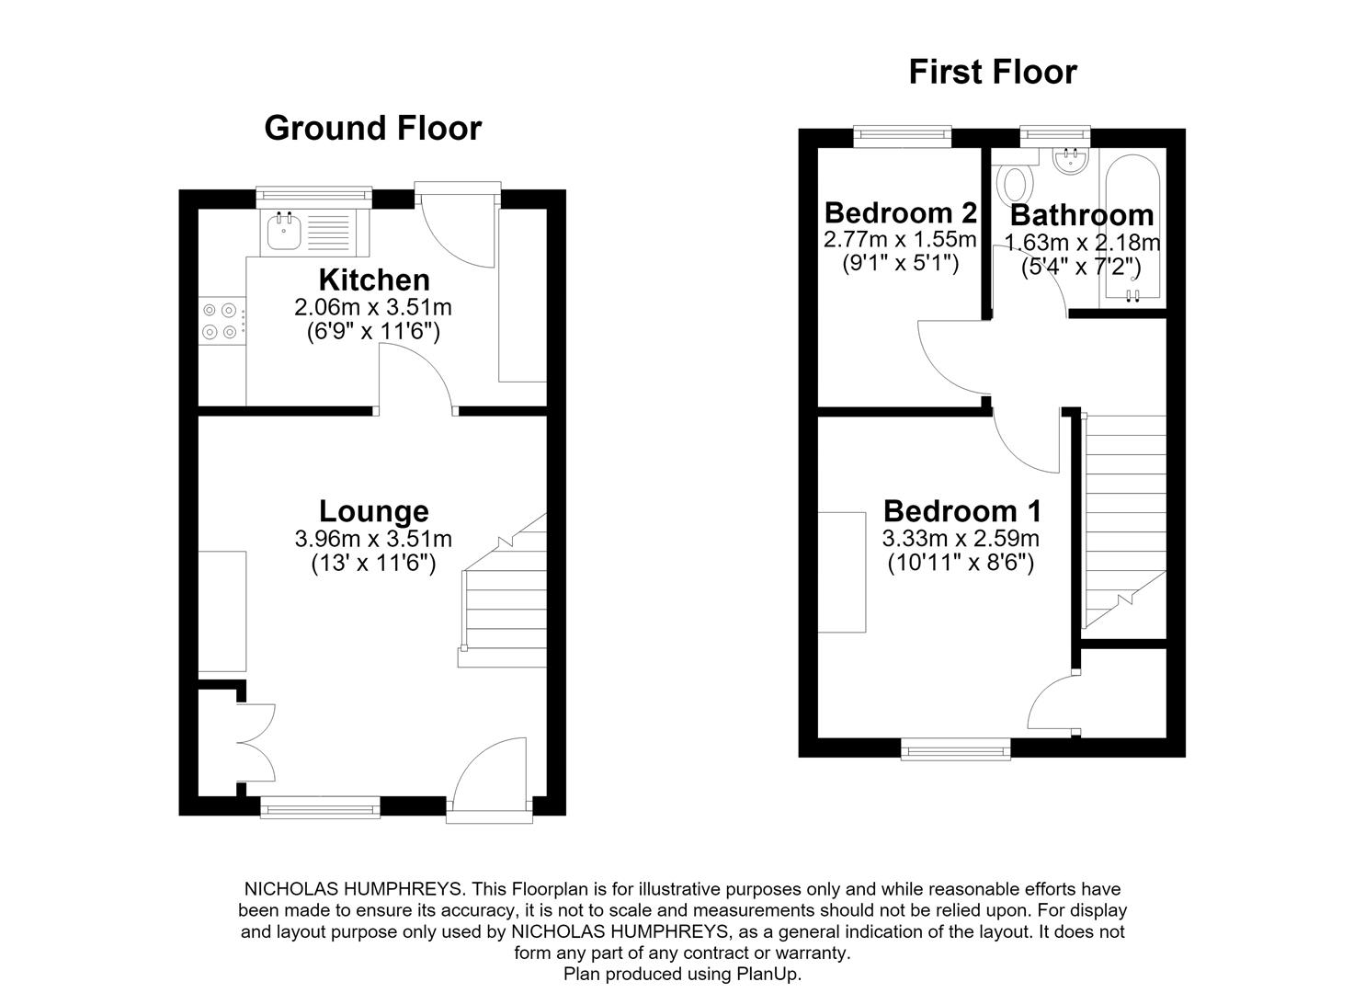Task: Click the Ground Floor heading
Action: pos(373,128)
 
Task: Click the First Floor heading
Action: pos(993,72)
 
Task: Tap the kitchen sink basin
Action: pos(283,232)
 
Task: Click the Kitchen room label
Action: pos(374,280)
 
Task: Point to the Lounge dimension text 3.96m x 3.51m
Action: pos(373,539)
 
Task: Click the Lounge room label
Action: pos(373,511)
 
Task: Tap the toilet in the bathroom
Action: pos(1015,180)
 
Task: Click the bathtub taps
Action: pos(1132,295)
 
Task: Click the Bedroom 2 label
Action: pos(901,212)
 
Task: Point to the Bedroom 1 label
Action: pos(962,511)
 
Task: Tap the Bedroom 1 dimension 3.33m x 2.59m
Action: pos(961,538)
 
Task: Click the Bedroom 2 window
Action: pos(903,136)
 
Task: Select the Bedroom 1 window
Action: pos(956,749)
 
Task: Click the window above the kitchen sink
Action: pos(313,196)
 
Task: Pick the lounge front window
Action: pos(321,807)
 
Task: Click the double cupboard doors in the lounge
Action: pos(256,743)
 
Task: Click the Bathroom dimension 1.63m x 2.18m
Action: pos(1082,243)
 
